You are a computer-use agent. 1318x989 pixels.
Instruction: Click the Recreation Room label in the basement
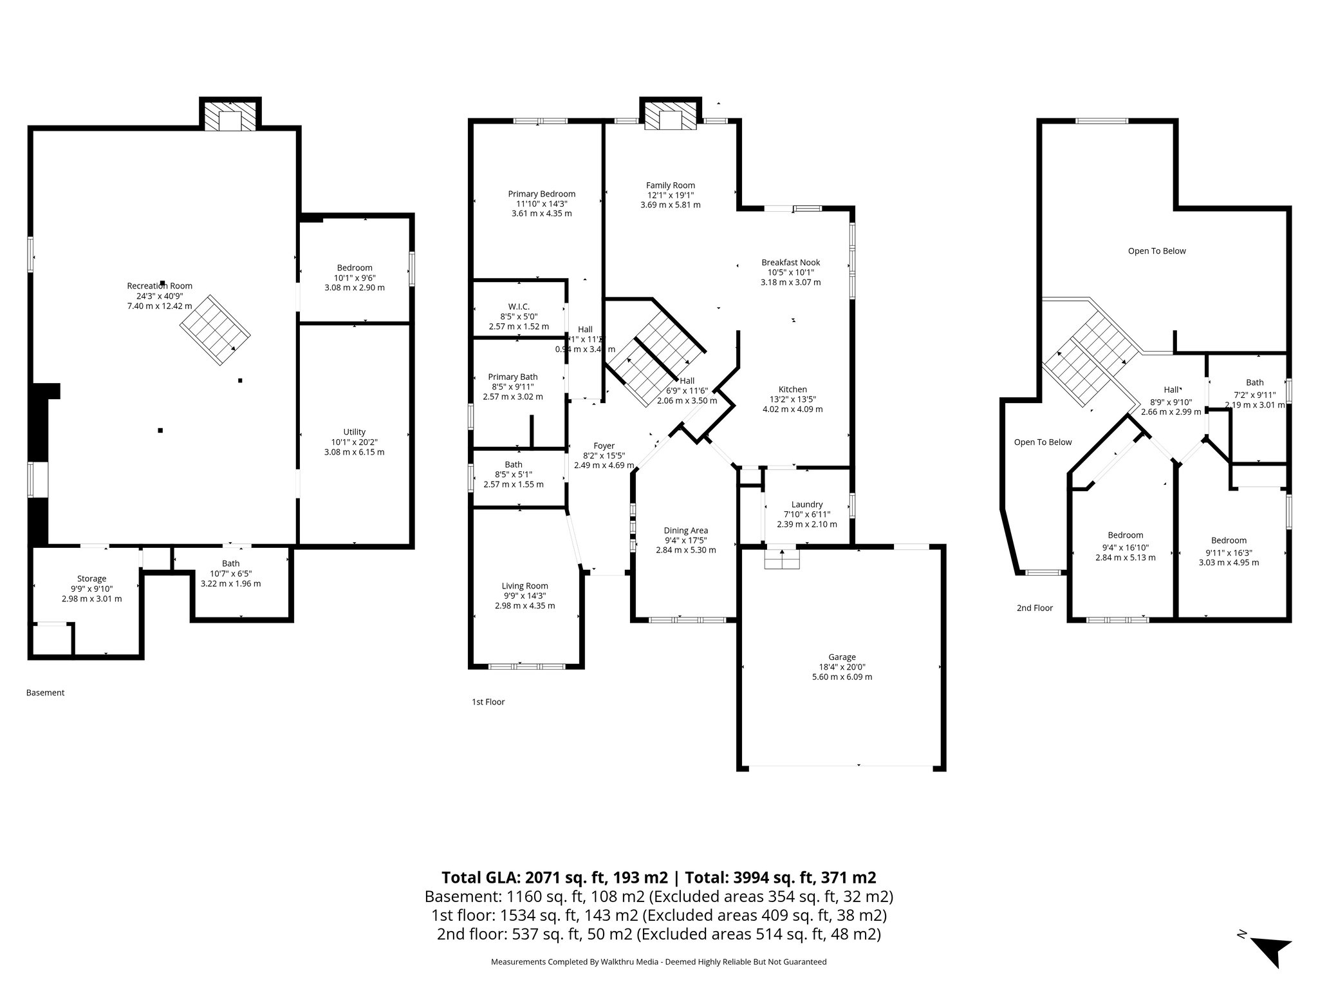pyautogui.click(x=160, y=286)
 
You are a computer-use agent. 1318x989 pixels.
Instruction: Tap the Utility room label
pyautogui.click(x=354, y=432)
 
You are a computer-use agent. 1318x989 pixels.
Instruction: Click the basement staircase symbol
pyautogui.click(x=215, y=330)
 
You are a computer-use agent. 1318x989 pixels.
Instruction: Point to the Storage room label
pyautogui.click(x=91, y=579)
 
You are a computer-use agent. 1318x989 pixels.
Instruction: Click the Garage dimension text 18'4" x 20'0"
pyautogui.click(x=842, y=667)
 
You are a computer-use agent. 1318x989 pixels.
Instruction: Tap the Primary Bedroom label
pyautogui.click(x=541, y=194)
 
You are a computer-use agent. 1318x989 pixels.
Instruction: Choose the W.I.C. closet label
pyautogui.click(x=518, y=307)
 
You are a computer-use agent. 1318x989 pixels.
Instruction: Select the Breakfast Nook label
pyautogui.click(x=790, y=263)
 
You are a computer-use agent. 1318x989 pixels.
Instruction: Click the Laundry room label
pyautogui.click(x=807, y=505)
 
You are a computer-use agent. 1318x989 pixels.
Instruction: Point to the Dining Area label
pyautogui.click(x=685, y=531)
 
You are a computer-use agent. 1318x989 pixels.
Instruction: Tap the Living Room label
pyautogui.click(x=524, y=586)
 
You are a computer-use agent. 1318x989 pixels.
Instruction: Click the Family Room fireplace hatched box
pyautogui.click(x=670, y=117)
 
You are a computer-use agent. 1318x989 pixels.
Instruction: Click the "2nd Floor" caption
pyautogui.click(x=1034, y=608)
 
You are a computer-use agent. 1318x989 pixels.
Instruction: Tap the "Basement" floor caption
pyautogui.click(x=45, y=693)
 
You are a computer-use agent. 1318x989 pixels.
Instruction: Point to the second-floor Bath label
pyautogui.click(x=1254, y=382)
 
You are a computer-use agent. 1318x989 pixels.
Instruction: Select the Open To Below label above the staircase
pyautogui.click(x=1156, y=251)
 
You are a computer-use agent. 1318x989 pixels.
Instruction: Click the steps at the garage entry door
pyautogui.click(x=782, y=560)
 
